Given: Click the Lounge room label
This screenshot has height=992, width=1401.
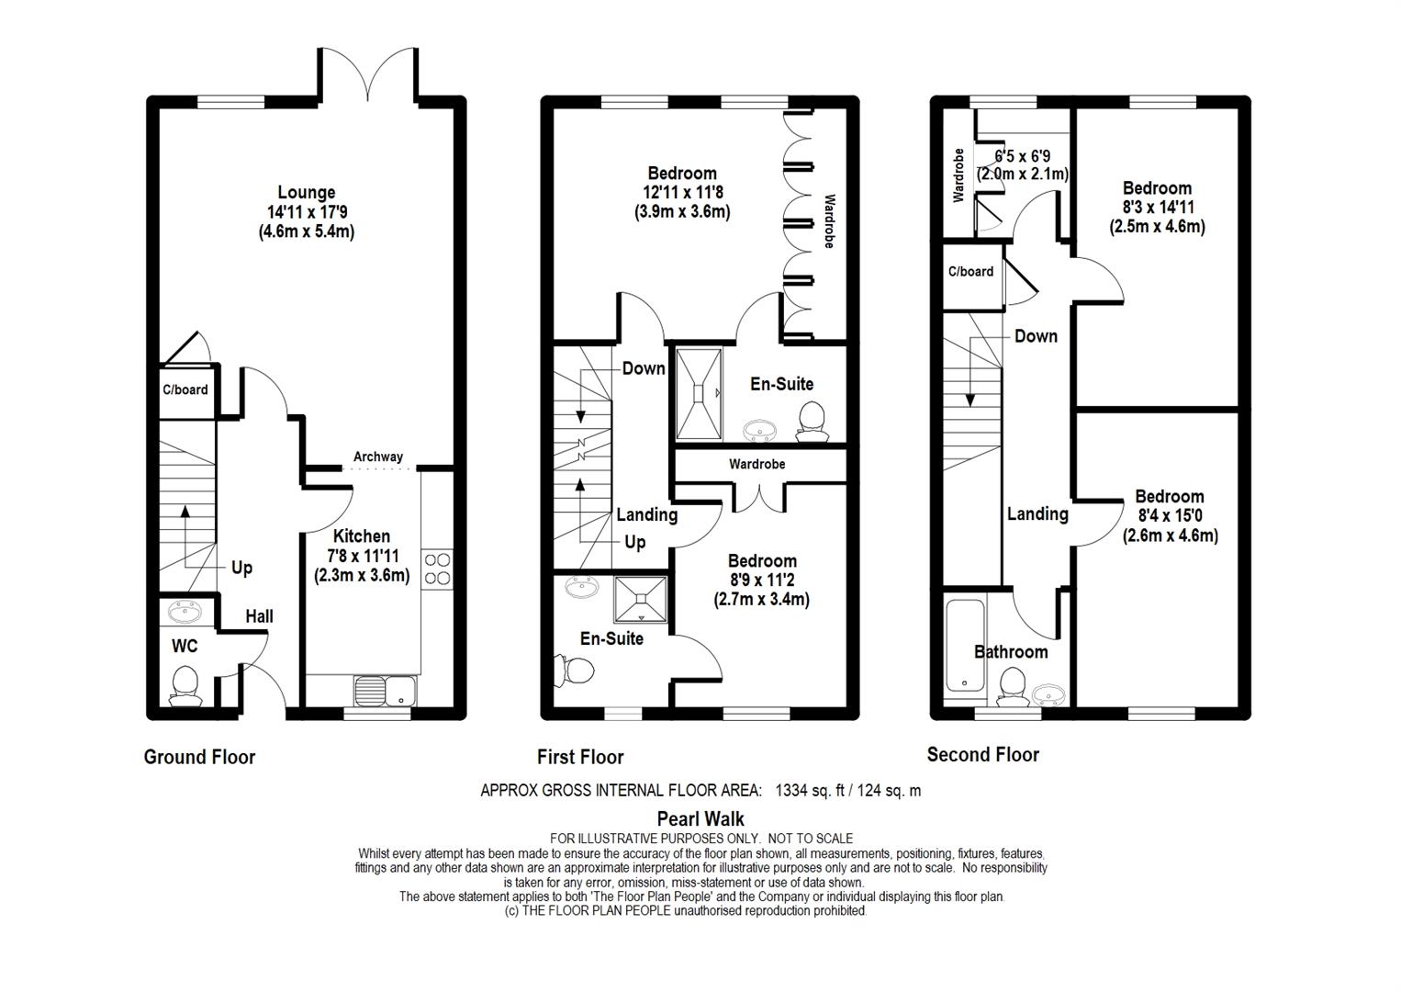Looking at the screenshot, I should tap(306, 193).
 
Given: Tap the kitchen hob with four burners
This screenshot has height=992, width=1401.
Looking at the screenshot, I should tap(437, 568).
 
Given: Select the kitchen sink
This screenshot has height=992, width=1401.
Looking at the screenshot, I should tap(386, 690).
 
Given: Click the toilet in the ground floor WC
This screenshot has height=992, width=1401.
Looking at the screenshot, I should tap(185, 685).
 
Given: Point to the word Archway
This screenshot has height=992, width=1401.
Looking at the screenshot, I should tap(377, 457).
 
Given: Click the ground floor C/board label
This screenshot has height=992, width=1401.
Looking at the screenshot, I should tap(185, 389).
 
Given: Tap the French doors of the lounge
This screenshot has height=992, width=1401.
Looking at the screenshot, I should tap(369, 73).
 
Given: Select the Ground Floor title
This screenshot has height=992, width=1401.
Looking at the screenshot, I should tap(199, 757).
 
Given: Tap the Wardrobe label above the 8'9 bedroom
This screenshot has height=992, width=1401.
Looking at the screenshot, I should tap(757, 465).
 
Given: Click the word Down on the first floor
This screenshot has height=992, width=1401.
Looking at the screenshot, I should tap(643, 368).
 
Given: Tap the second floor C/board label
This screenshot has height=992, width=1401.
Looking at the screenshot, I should tap(970, 271).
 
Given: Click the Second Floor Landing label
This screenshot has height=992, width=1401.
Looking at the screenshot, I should tap(1037, 514).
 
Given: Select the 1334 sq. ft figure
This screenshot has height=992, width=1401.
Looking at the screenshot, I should tap(810, 790).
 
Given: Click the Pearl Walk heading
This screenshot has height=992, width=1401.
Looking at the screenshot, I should tap(700, 818).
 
